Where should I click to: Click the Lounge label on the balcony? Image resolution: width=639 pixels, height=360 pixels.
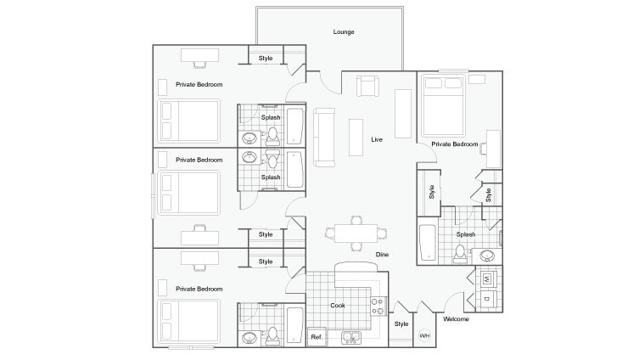[x=343, y=32]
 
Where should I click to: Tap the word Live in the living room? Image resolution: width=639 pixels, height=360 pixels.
[x=378, y=138]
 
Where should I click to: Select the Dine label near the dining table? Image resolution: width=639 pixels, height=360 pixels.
[x=383, y=254]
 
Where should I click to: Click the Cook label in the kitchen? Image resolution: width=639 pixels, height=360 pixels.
[x=338, y=305]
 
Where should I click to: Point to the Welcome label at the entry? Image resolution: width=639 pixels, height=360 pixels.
[x=455, y=319]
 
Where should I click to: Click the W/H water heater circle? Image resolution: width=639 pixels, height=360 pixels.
[x=424, y=335]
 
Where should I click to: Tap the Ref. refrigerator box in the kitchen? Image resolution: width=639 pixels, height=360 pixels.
[x=316, y=337]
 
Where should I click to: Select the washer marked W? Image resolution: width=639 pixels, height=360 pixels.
[x=487, y=278]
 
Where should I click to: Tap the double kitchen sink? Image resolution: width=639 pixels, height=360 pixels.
[x=351, y=338]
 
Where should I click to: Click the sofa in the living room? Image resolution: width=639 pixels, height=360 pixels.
[x=323, y=138]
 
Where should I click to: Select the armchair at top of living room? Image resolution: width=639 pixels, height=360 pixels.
[x=367, y=86]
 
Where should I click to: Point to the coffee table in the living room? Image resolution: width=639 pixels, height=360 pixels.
[x=356, y=137]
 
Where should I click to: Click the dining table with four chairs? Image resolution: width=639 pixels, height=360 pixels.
[x=356, y=232]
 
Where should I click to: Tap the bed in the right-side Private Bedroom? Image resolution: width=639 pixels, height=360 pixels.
[x=442, y=106]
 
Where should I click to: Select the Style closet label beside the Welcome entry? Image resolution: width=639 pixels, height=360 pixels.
[x=401, y=323]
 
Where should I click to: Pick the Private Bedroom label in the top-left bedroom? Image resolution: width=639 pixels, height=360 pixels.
[x=199, y=85]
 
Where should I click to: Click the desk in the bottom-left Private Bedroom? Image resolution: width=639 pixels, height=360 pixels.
[x=199, y=258]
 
